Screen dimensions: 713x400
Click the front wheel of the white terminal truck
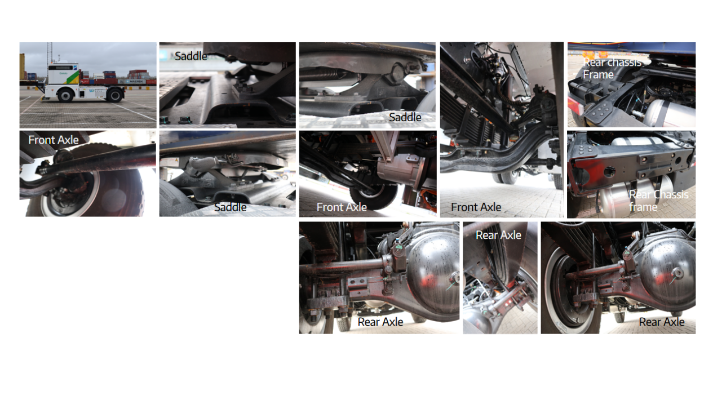click(66, 95)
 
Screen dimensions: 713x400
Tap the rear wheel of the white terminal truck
click(115, 95)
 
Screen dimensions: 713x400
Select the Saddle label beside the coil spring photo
click(405, 117)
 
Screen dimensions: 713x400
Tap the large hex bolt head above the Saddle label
click(397, 73)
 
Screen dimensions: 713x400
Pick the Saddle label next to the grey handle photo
click(230, 207)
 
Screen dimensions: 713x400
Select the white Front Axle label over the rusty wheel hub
click(54, 140)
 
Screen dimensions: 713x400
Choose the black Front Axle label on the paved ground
click(476, 207)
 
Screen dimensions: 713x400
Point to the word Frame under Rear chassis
click(598, 75)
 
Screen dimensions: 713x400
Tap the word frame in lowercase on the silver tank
click(643, 207)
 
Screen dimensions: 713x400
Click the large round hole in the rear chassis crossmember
click(609, 172)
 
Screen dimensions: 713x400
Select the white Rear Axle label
click(498, 235)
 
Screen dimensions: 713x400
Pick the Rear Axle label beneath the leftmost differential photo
click(380, 322)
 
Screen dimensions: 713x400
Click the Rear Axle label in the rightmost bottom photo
click(662, 322)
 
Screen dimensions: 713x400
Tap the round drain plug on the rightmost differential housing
click(677, 273)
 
